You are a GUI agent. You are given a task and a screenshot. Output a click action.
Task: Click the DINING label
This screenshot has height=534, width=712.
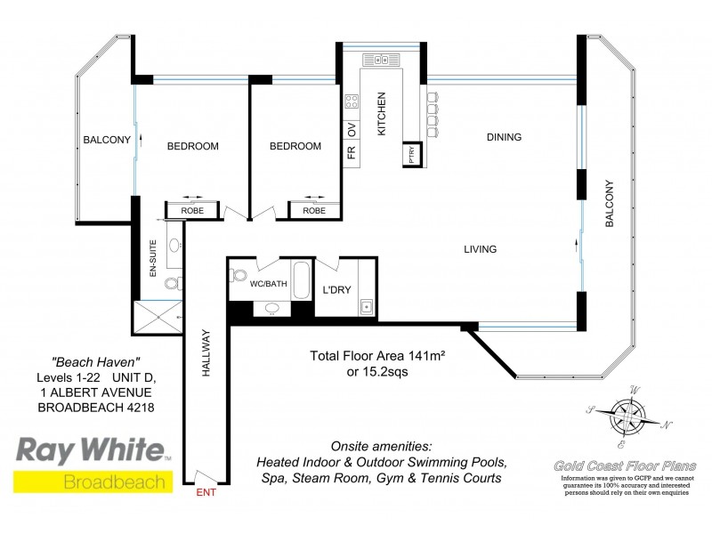click(503, 137)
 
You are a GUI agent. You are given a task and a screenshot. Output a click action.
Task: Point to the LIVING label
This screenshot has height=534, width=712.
click(479, 249)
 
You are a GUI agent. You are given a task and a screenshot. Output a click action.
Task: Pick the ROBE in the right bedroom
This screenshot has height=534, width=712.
click(313, 211)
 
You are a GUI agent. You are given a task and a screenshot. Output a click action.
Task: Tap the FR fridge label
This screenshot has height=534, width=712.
click(352, 150)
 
